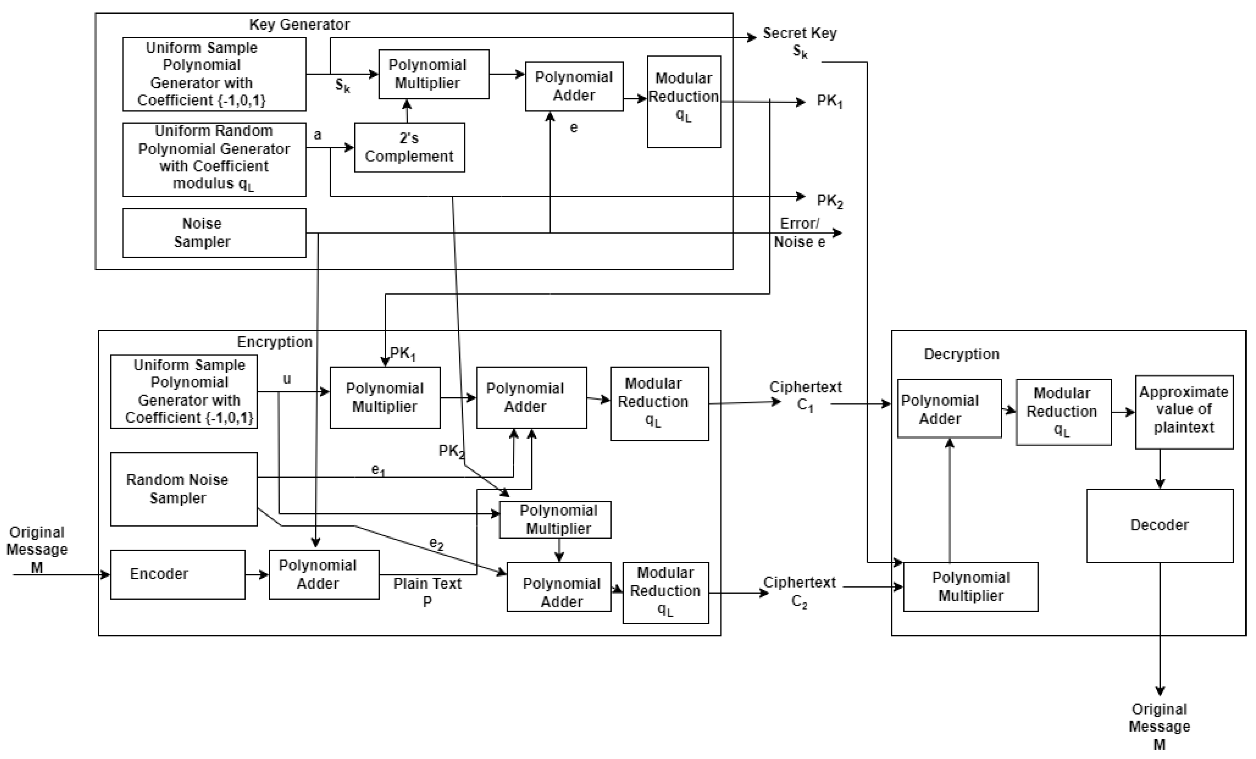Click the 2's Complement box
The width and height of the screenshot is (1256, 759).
(x=409, y=147)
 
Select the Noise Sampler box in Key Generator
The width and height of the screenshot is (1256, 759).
(x=214, y=232)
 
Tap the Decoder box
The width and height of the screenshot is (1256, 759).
(x=1159, y=525)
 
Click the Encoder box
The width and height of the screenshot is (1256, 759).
(x=177, y=575)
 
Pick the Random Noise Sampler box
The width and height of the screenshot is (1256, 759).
(x=184, y=489)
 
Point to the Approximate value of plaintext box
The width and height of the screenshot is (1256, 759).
(x=1184, y=412)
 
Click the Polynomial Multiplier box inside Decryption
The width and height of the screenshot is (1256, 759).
(x=970, y=587)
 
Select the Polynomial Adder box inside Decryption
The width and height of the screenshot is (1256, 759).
(x=949, y=408)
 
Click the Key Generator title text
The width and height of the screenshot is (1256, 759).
(x=299, y=25)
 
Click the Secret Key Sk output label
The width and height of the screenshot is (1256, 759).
(x=799, y=42)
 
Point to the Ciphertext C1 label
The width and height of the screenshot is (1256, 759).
(x=805, y=396)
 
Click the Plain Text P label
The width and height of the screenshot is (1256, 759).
(x=427, y=592)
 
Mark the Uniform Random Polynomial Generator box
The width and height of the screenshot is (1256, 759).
(x=214, y=159)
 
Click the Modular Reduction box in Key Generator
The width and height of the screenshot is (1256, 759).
(x=683, y=102)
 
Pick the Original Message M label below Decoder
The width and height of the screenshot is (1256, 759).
(x=1159, y=726)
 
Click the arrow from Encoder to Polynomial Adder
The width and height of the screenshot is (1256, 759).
(x=257, y=575)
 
